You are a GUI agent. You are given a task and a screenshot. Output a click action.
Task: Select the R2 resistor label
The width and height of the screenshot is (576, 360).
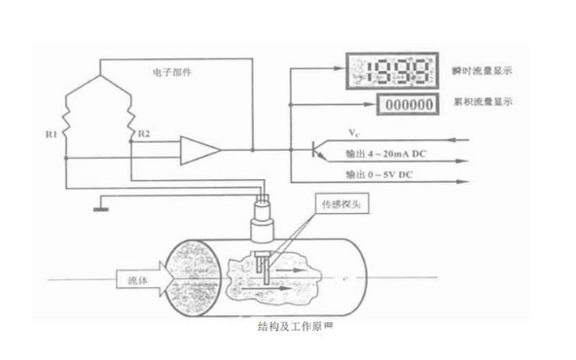[144, 130]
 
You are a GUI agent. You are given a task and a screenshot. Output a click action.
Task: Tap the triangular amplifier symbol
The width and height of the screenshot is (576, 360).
[200, 150]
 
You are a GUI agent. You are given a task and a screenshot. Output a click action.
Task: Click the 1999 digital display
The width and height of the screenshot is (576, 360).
[381, 69]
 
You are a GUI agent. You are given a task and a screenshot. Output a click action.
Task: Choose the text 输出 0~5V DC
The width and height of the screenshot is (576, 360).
[381, 175]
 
